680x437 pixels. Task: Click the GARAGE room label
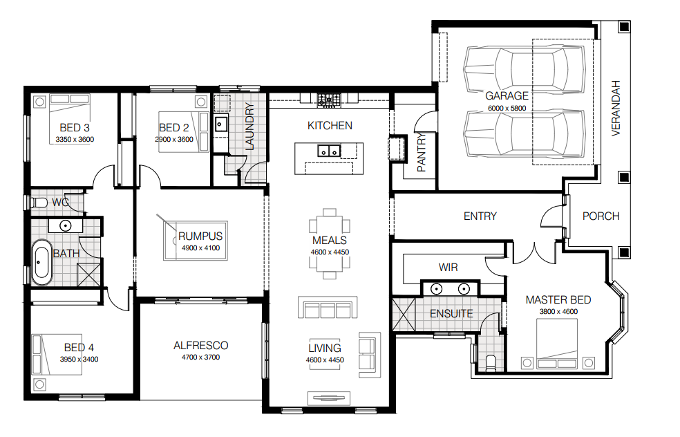click(x=507, y=95)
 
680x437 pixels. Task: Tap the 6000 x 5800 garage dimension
click(x=507, y=108)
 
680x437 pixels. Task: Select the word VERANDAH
click(x=616, y=108)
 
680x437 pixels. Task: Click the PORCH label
click(x=601, y=216)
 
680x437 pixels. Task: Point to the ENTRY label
click(x=480, y=216)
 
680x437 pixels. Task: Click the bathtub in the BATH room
click(x=41, y=262)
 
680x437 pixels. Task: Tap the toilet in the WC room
click(x=39, y=202)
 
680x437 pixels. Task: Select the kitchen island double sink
click(x=329, y=151)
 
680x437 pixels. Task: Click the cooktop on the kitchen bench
click(x=329, y=100)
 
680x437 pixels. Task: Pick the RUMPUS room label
click(x=200, y=236)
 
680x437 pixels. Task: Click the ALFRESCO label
click(x=201, y=346)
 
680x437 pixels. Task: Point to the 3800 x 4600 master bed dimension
click(x=558, y=312)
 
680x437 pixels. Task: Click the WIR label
click(x=448, y=268)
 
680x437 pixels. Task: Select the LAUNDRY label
click(x=249, y=127)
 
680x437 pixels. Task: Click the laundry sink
click(x=220, y=124)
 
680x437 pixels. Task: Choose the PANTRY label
click(x=422, y=152)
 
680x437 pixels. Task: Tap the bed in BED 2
click(x=183, y=132)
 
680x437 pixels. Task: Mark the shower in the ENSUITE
click(x=404, y=314)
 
